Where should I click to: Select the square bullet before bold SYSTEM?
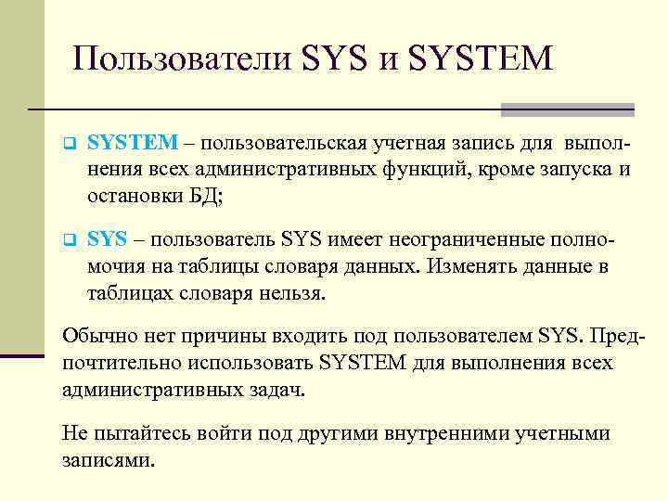pos(68,145)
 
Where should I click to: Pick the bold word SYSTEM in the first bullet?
pos(133,142)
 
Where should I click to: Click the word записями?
pos(107,459)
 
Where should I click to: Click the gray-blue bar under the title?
pos(567,109)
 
